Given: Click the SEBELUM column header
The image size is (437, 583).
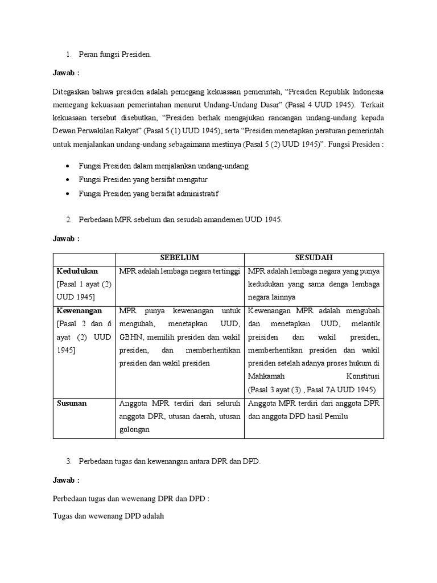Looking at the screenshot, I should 180,257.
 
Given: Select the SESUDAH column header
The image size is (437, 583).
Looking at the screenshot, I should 314,257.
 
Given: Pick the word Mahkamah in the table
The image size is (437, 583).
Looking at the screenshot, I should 267,376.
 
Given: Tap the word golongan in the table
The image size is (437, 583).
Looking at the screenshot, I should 134,429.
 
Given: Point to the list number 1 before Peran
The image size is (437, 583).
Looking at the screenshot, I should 68,55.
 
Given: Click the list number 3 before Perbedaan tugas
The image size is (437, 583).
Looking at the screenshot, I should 68,462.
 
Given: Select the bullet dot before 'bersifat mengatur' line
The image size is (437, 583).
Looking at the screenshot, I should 68,180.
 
